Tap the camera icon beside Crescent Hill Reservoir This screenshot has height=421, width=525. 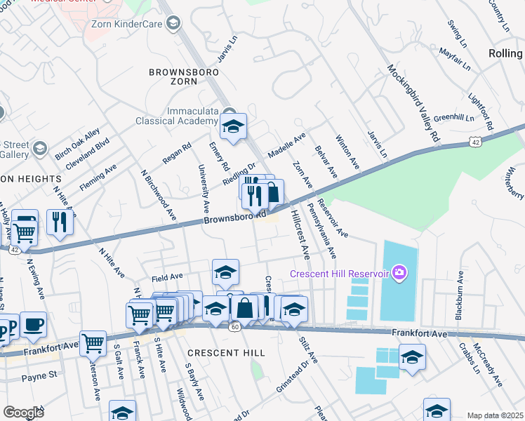click(399, 272)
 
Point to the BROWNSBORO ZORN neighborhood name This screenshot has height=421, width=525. click(178, 77)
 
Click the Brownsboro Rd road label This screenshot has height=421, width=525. click(234, 219)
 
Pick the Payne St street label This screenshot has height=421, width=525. click(39, 375)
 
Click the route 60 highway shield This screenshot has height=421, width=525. click(235, 326)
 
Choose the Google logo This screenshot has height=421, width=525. click(23, 412)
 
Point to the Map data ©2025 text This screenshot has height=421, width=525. click(494, 415)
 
